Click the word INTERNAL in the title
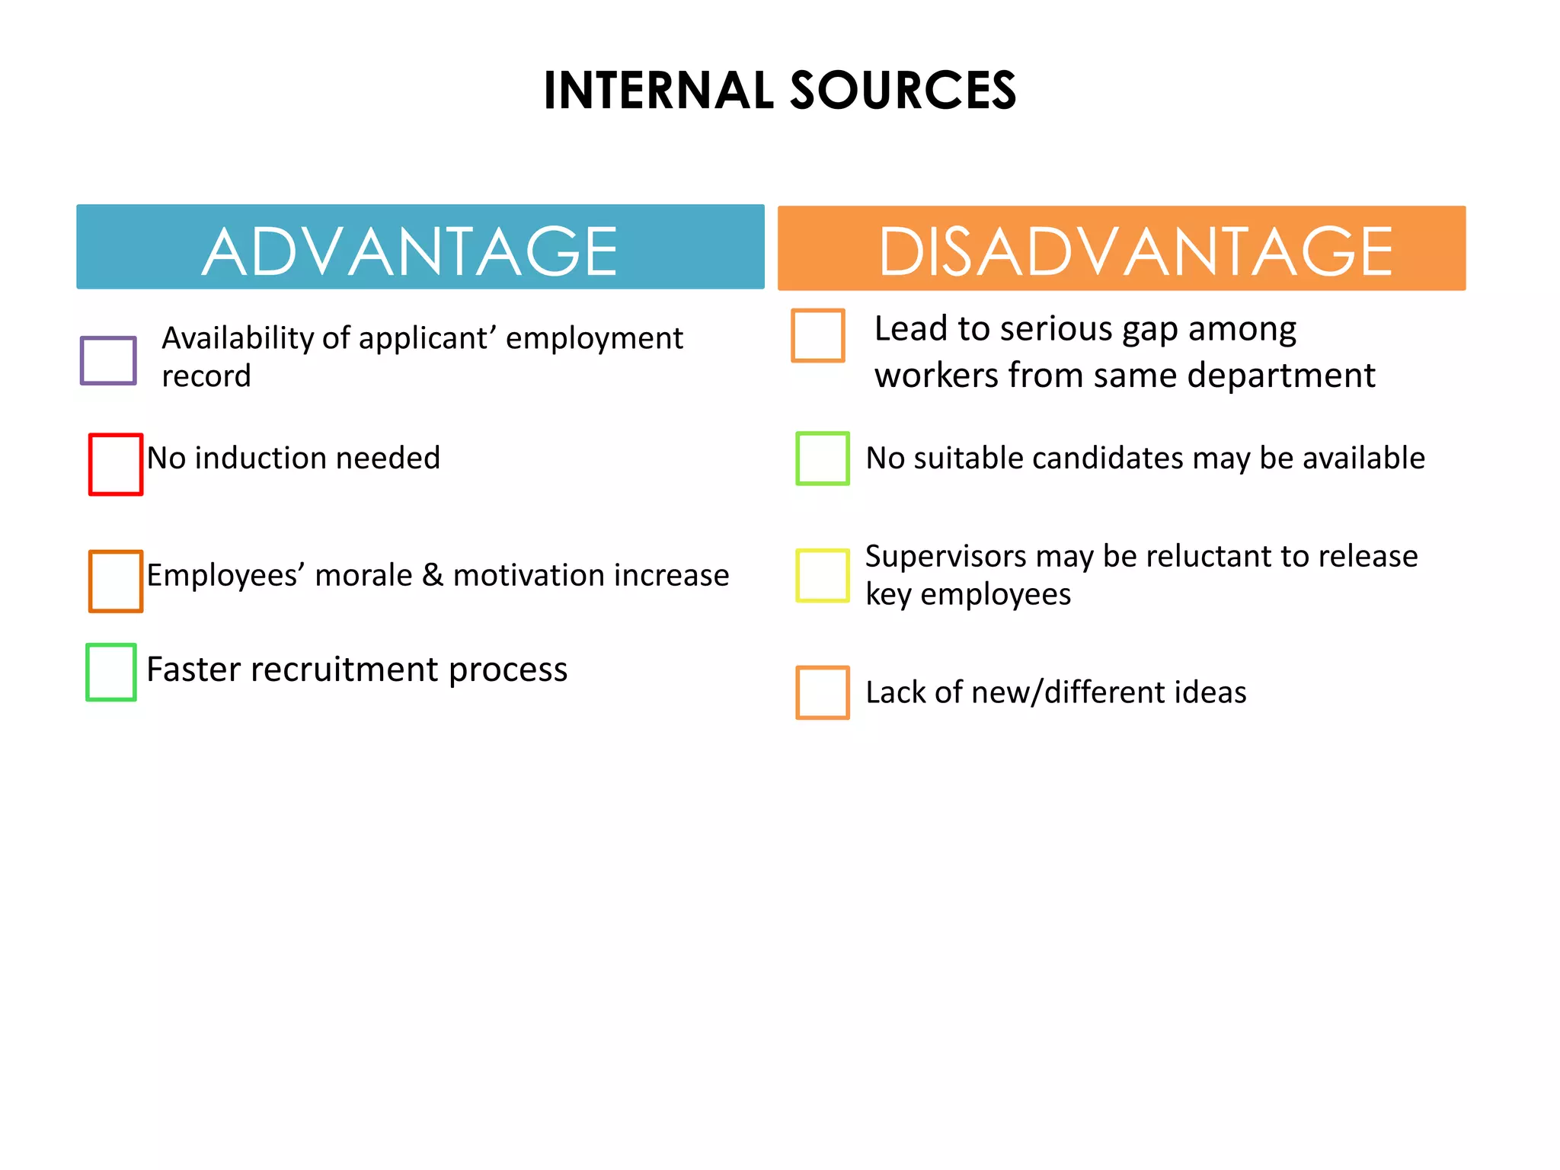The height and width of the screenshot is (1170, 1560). pos(659,91)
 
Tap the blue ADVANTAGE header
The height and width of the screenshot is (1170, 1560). pos(420,248)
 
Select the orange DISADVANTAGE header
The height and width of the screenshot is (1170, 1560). pos(1121,248)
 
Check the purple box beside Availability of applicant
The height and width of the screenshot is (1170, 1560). pos(108,360)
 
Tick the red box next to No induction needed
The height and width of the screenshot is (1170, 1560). pos(116,464)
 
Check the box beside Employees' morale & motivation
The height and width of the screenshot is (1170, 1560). pos(116,580)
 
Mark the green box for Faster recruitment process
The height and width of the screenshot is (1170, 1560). pos(111,672)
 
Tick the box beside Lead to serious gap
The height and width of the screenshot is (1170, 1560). pos(818,335)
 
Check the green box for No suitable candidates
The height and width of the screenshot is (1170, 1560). pos(823,458)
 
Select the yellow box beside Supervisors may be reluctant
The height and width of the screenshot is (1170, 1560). pos(823,575)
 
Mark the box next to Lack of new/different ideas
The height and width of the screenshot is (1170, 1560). pos(823,692)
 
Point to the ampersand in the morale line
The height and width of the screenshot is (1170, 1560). pos(432,575)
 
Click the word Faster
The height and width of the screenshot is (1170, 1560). pos(194,670)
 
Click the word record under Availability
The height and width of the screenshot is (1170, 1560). pos(206,376)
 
